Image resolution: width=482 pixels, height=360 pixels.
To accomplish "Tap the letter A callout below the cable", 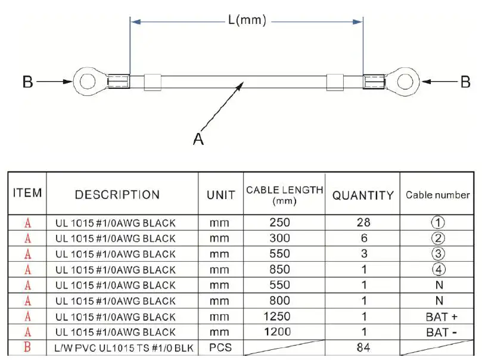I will pyautogui.click(x=198, y=139).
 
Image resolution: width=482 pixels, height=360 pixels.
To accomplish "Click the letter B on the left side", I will pyautogui.click(x=27, y=82).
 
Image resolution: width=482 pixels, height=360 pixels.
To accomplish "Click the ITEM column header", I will pyautogui.click(x=27, y=193).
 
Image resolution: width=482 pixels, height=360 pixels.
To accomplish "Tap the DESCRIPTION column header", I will pyautogui.click(x=117, y=195).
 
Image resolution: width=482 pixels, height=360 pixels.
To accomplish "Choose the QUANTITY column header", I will pyautogui.click(x=362, y=195).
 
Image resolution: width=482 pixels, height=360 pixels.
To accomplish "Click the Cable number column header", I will pyautogui.click(x=438, y=195).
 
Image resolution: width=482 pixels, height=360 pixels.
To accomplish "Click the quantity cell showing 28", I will pyautogui.click(x=362, y=223).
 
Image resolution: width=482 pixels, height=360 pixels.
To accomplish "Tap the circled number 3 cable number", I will pyautogui.click(x=438, y=254).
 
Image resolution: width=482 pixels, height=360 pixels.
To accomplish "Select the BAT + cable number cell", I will pyautogui.click(x=438, y=316).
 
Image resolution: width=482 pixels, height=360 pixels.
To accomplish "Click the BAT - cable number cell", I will pyautogui.click(x=438, y=332).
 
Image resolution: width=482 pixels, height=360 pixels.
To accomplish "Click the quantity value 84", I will pyautogui.click(x=362, y=347).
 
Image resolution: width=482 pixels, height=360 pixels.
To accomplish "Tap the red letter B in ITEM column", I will pyautogui.click(x=27, y=347).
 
